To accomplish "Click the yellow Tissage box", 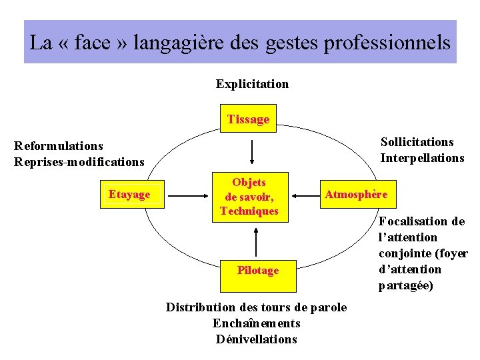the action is coord(248,119).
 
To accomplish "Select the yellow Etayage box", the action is coord(130,194).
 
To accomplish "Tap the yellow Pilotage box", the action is coord(258,270).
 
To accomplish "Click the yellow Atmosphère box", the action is coord(356,195).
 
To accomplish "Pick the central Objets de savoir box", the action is coord(249,197).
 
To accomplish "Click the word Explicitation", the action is coord(252,84).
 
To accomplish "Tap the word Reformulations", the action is coord(59,145).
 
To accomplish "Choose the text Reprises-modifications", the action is coord(79,161).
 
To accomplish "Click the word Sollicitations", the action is coord(417,141).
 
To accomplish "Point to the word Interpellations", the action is coord(422,158).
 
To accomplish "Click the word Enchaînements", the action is coord(257,323).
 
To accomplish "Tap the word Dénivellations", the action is coord(257,339).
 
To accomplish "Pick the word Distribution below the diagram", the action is coord(201,307).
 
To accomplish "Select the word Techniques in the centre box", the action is coord(249,211).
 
